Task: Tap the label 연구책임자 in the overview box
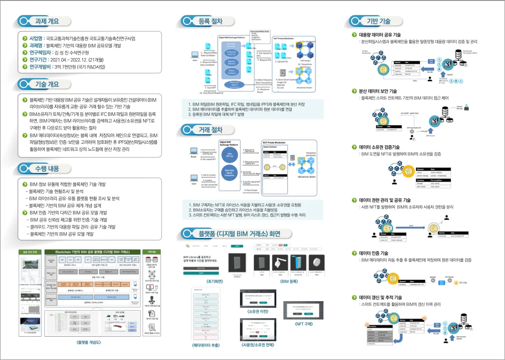click(x=41, y=53)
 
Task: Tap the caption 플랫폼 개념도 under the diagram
click(x=88, y=342)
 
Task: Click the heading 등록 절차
click(x=210, y=21)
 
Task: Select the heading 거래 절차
click(x=210, y=130)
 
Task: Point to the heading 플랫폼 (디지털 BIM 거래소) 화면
click(x=240, y=233)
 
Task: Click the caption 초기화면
click(x=203, y=282)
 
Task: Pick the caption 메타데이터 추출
click(x=206, y=345)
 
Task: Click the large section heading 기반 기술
click(x=379, y=21)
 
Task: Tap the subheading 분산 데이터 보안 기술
click(x=378, y=91)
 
